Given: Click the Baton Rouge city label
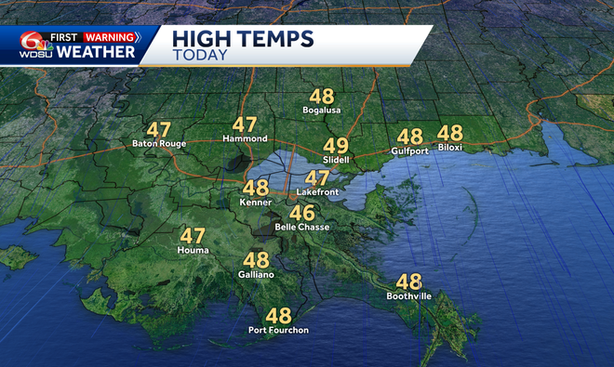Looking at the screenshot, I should [160, 144].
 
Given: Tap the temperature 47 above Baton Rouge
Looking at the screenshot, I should [159, 129].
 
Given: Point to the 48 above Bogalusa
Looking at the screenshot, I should [322, 97].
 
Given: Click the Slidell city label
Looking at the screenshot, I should [336, 160].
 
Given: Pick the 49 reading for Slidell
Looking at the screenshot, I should [336, 145].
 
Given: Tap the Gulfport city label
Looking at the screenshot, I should [409, 150].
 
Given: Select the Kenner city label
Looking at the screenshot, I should [255, 202].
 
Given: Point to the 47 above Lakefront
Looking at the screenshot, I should [317, 177].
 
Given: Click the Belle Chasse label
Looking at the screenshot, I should [301, 227].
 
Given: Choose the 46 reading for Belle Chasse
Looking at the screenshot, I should [301, 212].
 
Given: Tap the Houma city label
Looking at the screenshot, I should [193, 251].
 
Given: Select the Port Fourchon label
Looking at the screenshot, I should [278, 331].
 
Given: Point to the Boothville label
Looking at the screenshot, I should [408, 296].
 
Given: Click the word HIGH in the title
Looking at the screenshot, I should [202, 40].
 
